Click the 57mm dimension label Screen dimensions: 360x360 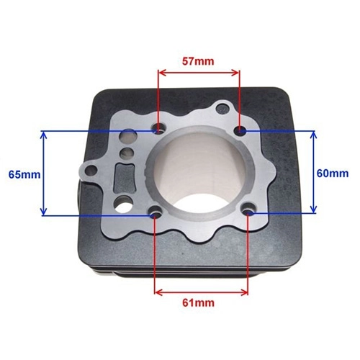click(198, 61)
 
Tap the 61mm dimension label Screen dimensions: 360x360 click(198, 303)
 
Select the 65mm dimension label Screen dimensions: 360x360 click(24, 174)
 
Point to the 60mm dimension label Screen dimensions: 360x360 click(333, 174)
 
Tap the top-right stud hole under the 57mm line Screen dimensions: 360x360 click(240, 130)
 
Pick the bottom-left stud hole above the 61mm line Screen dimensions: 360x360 click(156, 212)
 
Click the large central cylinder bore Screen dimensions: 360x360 click(202, 174)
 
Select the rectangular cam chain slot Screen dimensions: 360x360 click(125, 178)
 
